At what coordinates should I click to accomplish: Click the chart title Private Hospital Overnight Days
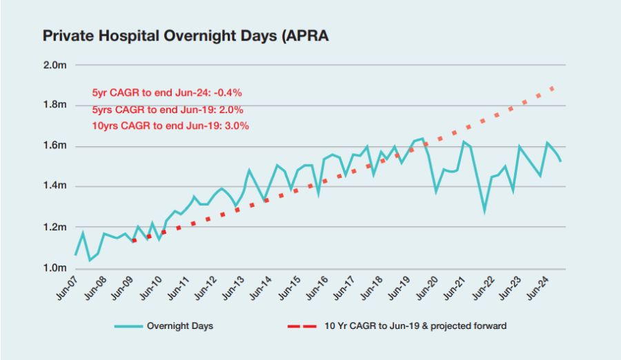tap(186, 36)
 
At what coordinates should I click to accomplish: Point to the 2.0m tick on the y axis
tap(55, 65)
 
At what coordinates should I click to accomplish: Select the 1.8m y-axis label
tap(55, 106)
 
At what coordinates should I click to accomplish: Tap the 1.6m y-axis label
tap(55, 146)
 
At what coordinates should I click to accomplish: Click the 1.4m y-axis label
tap(55, 186)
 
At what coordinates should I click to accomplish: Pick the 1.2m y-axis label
tap(55, 227)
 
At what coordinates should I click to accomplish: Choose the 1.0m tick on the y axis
tap(55, 268)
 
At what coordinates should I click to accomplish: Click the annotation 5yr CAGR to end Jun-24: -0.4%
tap(166, 92)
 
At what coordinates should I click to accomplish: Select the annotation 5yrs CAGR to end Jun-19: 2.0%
tap(167, 109)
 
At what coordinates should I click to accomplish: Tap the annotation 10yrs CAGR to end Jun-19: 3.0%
tap(170, 126)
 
